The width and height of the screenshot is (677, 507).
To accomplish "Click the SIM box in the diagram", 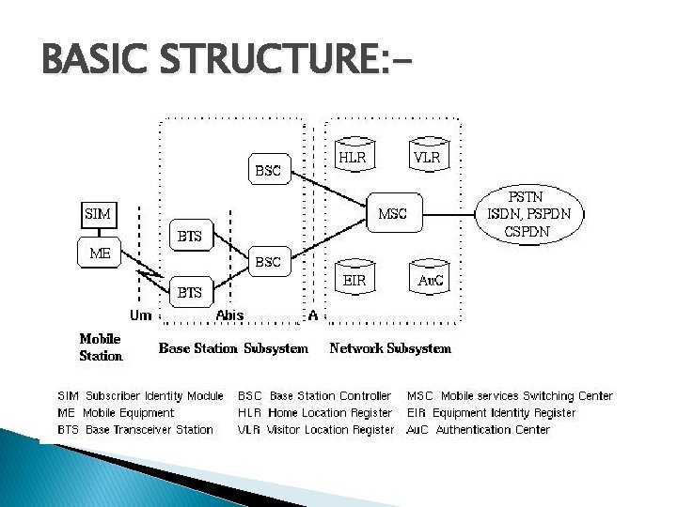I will (x=98, y=214).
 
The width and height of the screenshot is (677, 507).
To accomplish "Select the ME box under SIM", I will (x=100, y=253).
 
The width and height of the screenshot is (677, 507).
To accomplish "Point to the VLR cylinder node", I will (x=427, y=158).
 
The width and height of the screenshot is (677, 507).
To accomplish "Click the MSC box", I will (x=392, y=214).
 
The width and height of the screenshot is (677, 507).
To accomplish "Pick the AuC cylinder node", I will (x=431, y=280).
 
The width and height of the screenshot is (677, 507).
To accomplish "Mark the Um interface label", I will (x=140, y=315).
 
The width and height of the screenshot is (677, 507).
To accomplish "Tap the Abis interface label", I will (x=230, y=315).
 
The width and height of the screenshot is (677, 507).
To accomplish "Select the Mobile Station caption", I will (x=101, y=347).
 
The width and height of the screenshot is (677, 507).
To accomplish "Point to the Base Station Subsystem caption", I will (x=233, y=348).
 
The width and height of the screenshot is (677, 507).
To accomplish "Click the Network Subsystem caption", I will (x=390, y=348).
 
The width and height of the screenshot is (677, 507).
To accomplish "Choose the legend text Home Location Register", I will (x=330, y=413).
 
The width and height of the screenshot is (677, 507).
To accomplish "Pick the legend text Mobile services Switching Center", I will (x=527, y=396).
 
